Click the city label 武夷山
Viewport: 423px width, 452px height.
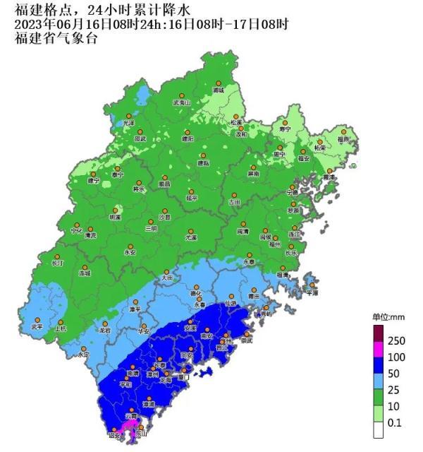point(182,102)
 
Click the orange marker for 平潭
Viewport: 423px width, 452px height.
point(311,285)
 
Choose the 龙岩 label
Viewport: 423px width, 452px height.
point(105,330)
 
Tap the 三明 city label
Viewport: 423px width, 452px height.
point(150,229)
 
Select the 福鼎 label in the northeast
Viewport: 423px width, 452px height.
point(343,139)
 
